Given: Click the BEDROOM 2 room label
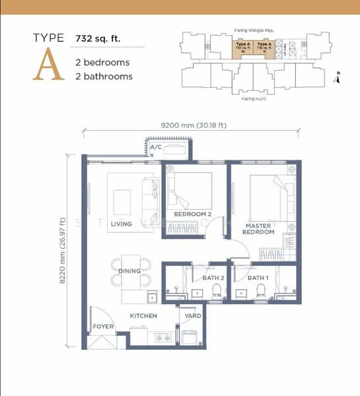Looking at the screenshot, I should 192,214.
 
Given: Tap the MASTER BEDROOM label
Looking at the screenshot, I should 258,228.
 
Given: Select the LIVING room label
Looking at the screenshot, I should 121,224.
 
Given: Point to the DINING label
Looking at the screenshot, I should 129,271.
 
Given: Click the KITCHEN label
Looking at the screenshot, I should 143,316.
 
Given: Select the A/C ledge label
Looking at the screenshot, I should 156,147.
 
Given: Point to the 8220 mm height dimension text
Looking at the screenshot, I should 63,250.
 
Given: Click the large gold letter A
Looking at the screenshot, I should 49,66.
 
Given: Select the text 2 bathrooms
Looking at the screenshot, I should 104,77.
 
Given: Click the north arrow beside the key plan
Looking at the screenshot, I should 337,77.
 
